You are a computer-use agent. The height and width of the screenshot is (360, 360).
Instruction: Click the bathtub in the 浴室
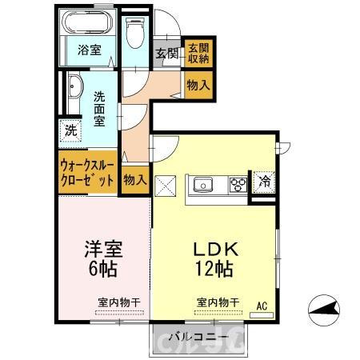click(88, 23)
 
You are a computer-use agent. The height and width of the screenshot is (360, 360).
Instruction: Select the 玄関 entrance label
click(166, 54)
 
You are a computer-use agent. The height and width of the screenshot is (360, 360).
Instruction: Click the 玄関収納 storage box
click(198, 53)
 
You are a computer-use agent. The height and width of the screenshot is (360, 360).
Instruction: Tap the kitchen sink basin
click(203, 185)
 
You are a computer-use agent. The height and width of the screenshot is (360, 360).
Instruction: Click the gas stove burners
click(238, 185)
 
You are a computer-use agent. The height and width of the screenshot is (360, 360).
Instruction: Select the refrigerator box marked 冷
click(263, 181)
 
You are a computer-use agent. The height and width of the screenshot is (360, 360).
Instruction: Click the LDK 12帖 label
click(212, 258)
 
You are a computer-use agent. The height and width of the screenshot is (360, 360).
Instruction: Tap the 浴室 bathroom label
click(88, 50)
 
